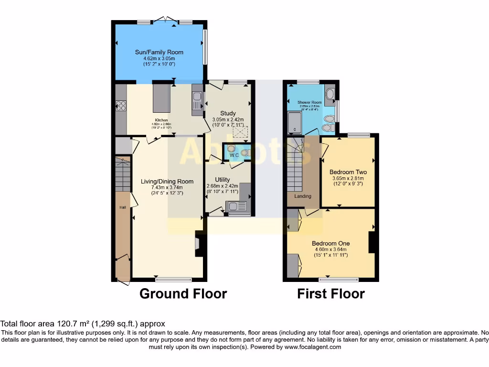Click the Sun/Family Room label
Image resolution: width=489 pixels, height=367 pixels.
click(x=159, y=52)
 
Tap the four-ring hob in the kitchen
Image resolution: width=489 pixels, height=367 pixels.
click(x=121, y=106)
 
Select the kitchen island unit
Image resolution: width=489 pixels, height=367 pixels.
click(x=161, y=98)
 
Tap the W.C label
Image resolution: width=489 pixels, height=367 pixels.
click(x=234, y=155)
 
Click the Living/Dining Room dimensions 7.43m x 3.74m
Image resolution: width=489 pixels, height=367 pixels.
click(x=167, y=187)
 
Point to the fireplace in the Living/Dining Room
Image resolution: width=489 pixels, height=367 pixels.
click(x=199, y=244)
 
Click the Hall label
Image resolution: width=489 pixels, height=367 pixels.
click(x=123, y=208)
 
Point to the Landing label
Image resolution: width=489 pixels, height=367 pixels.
click(x=302, y=196)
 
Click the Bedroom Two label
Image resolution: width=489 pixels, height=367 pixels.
click(x=348, y=172)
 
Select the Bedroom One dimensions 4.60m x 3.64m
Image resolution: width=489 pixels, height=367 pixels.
click(x=330, y=249)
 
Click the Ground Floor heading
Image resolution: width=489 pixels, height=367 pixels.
click(x=183, y=293)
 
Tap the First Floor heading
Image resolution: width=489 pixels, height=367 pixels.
click(x=330, y=293)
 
